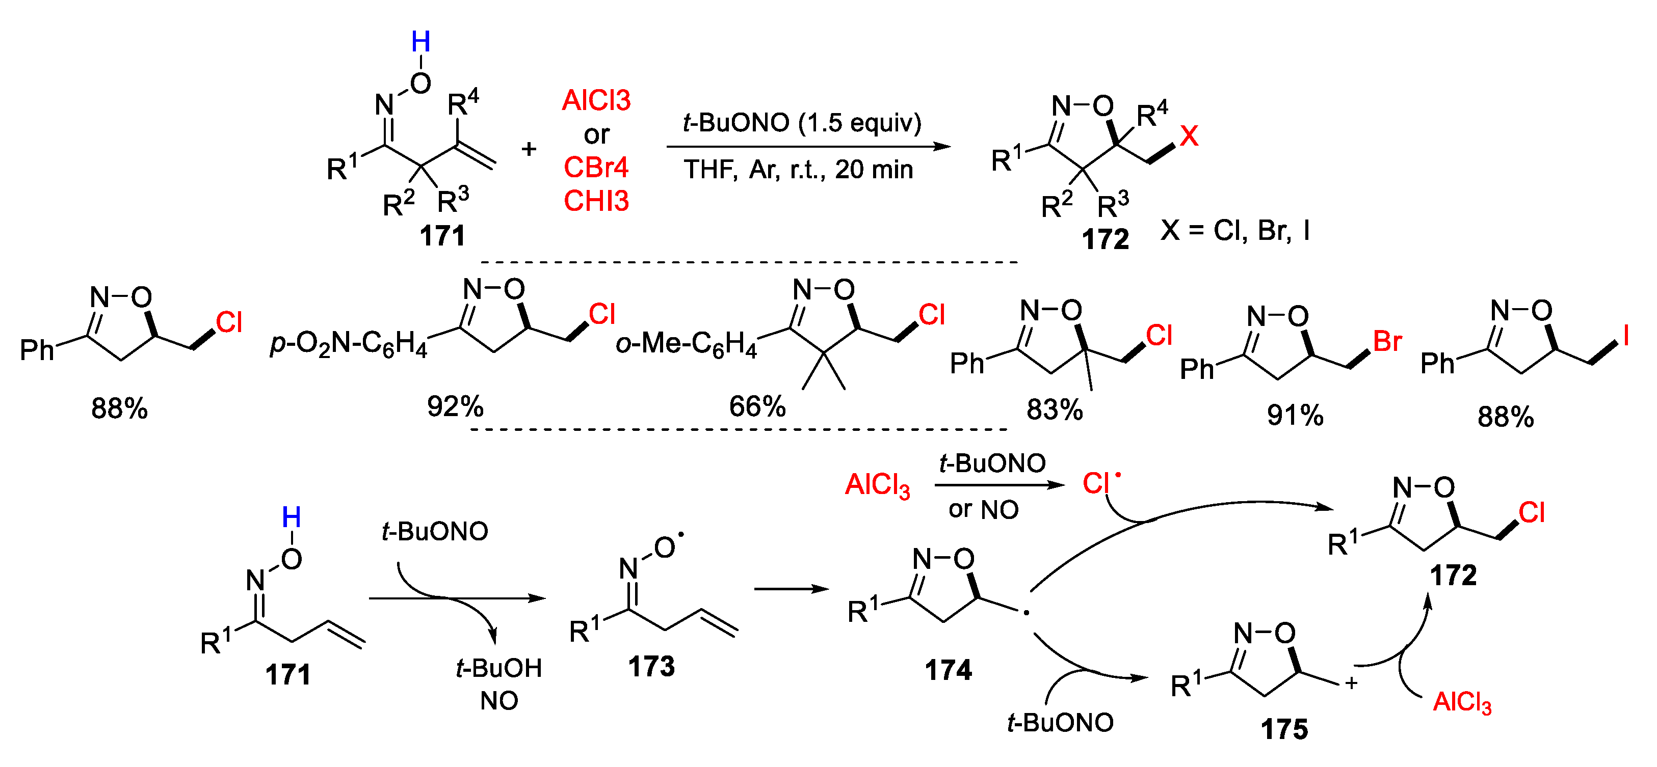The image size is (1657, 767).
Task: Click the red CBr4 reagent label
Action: [x=596, y=167]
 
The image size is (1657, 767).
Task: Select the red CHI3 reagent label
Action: [x=596, y=201]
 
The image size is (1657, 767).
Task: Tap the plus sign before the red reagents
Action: [x=529, y=149]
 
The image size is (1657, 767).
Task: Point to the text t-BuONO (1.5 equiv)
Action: [x=802, y=122]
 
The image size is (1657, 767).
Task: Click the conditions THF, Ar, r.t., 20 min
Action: [x=798, y=169]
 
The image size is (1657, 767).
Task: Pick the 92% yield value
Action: [x=455, y=406]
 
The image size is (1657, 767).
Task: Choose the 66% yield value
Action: [x=757, y=406]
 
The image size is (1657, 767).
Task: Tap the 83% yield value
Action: [x=1054, y=409]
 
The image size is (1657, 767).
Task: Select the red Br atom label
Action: [x=1387, y=341]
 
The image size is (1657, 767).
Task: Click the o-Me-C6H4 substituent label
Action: [x=687, y=343]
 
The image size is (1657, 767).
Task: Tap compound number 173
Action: [x=651, y=667]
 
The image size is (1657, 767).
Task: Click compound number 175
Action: [x=1284, y=729]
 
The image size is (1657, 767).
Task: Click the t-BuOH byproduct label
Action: [x=498, y=668]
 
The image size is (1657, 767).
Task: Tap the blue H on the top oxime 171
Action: [x=420, y=42]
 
